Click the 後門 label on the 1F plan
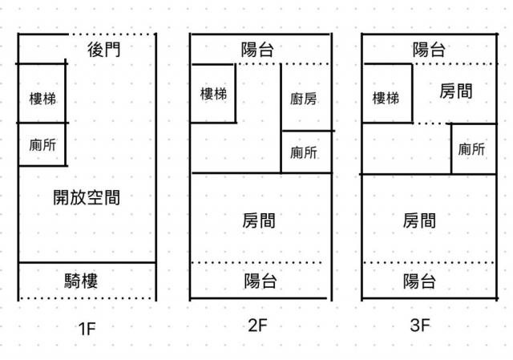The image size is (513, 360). coord(103,50)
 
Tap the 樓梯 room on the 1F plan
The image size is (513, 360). coord(42,94)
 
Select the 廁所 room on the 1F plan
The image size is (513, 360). coord(42,144)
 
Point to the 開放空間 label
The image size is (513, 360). coord(87,197)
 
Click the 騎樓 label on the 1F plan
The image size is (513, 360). coord(81,281)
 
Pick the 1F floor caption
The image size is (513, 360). coord(87,329)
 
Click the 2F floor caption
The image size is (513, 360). coord(257,326)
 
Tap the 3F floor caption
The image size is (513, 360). coord(420,326)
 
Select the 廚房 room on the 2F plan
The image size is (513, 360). coord(306,98)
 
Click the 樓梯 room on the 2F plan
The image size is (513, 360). coord(213,94)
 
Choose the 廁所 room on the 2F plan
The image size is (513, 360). coord(306,152)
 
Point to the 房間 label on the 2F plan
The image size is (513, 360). coord(259,220)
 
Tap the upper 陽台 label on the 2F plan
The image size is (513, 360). coord(257,50)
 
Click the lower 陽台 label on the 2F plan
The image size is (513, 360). coord(260,281)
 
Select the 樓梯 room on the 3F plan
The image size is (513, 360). coord(387,94)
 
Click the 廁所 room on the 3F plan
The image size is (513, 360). coord(474,149)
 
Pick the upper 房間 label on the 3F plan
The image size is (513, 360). coord(456,91)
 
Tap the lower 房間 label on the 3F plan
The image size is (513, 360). coord(419,220)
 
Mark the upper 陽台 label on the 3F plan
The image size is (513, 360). coord(429,50)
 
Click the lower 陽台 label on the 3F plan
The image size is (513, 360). coord(419,281)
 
